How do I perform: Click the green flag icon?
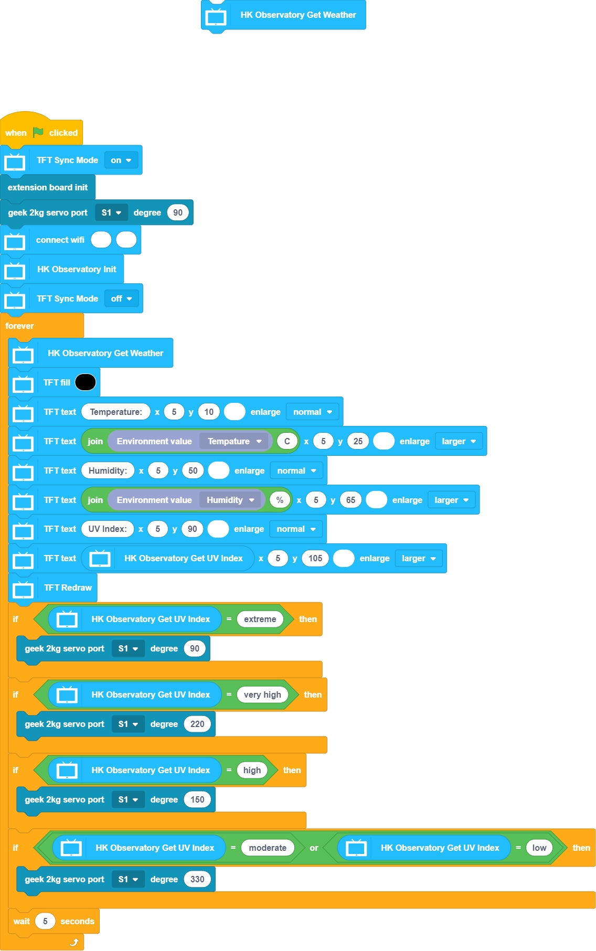click(x=38, y=132)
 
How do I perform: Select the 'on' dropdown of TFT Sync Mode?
click(x=121, y=161)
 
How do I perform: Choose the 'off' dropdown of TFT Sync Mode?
click(x=122, y=299)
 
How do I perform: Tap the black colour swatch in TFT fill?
click(x=86, y=382)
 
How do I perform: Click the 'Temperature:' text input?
click(x=116, y=412)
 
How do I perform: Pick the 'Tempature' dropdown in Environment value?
click(x=234, y=441)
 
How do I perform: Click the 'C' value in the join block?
click(x=287, y=441)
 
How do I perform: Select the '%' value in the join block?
click(x=280, y=500)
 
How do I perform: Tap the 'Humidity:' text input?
click(x=108, y=471)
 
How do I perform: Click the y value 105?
click(x=315, y=558)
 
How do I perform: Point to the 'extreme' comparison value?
click(x=260, y=619)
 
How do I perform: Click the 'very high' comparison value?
click(x=262, y=694)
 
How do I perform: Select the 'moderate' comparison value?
click(x=268, y=848)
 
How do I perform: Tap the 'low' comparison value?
click(x=539, y=848)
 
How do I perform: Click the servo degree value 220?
click(x=197, y=724)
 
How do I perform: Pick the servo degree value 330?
click(x=197, y=879)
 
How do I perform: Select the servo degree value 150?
click(x=197, y=799)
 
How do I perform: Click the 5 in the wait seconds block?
click(x=45, y=921)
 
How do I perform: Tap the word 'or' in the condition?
click(x=314, y=848)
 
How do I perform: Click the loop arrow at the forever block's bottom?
click(x=74, y=943)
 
